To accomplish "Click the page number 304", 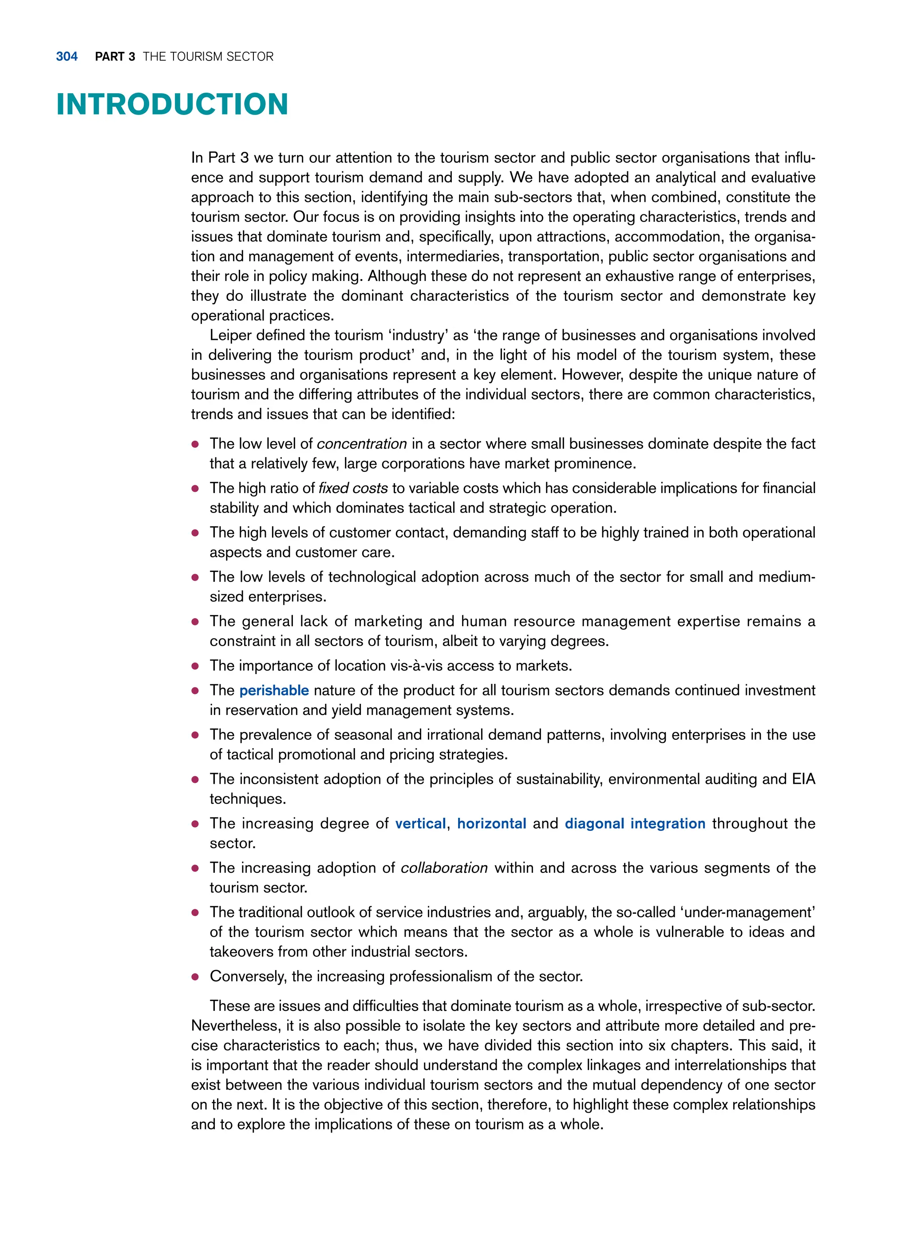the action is coord(67,57).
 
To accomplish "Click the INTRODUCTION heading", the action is coord(172,105).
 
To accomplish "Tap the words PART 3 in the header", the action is coord(115,57).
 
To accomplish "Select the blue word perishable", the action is coord(274,690).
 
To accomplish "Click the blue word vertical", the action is coord(420,824).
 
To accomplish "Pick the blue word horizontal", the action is coord(491,824).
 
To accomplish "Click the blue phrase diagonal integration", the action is coord(635,824).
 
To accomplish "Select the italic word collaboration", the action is coord(444,868).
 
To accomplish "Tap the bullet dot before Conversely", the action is coord(195,977).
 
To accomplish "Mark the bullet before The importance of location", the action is coord(195,666).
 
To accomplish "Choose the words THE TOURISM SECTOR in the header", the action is coord(208,57).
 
